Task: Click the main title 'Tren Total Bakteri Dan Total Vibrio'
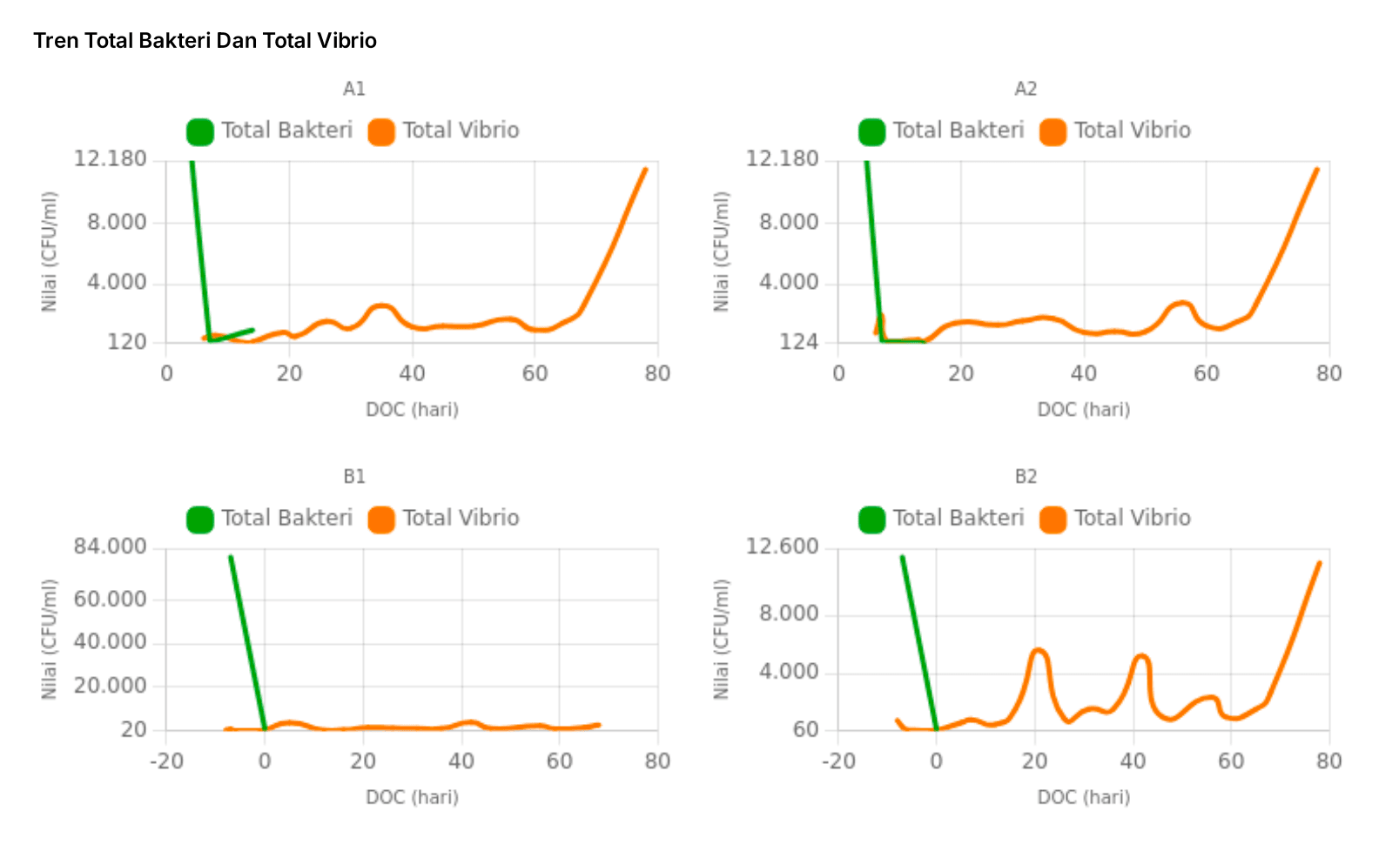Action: click(205, 41)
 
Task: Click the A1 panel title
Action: click(354, 89)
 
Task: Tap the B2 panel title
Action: click(1026, 477)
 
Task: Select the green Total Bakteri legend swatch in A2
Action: click(871, 131)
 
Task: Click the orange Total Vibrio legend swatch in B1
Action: click(381, 519)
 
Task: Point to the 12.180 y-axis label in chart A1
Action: click(110, 159)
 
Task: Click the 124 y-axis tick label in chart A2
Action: click(798, 342)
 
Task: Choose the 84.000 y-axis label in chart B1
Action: click(110, 547)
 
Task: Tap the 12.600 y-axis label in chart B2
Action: click(782, 546)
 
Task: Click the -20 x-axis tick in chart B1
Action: click(166, 761)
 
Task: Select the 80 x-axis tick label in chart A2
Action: click(1329, 373)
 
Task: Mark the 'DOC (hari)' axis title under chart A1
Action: click(412, 410)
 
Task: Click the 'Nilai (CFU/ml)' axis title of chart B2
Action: click(721, 639)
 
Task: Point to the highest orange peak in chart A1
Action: click(645, 170)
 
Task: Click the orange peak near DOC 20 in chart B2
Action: click(1037, 650)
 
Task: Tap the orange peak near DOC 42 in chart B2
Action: click(1141, 656)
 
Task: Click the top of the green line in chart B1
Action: click(231, 557)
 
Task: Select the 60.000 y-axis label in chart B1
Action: click(110, 600)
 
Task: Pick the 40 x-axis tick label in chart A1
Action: click(412, 373)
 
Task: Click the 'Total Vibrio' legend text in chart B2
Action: click(1132, 519)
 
